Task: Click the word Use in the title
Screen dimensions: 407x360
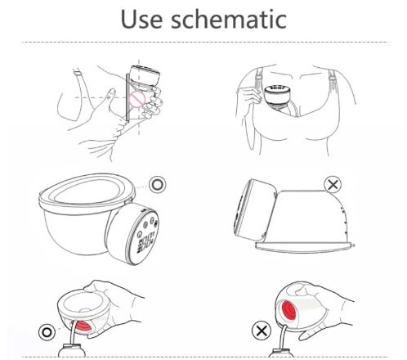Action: click(141, 19)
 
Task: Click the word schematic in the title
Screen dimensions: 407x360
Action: click(229, 19)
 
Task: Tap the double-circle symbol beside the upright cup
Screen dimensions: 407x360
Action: click(158, 185)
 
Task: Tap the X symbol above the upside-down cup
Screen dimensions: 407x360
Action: click(333, 185)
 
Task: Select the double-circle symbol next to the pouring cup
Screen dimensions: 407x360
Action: click(47, 332)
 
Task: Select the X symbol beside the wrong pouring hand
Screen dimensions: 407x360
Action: click(262, 331)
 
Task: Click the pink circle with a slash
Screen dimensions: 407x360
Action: click(136, 99)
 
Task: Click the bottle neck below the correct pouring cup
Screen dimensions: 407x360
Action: click(72, 350)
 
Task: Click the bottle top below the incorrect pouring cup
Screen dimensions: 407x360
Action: click(282, 353)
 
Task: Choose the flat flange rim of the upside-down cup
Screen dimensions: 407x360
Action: click(305, 247)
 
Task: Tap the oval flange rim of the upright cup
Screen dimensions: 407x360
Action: click(87, 191)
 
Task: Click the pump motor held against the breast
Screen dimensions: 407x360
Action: click(144, 77)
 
